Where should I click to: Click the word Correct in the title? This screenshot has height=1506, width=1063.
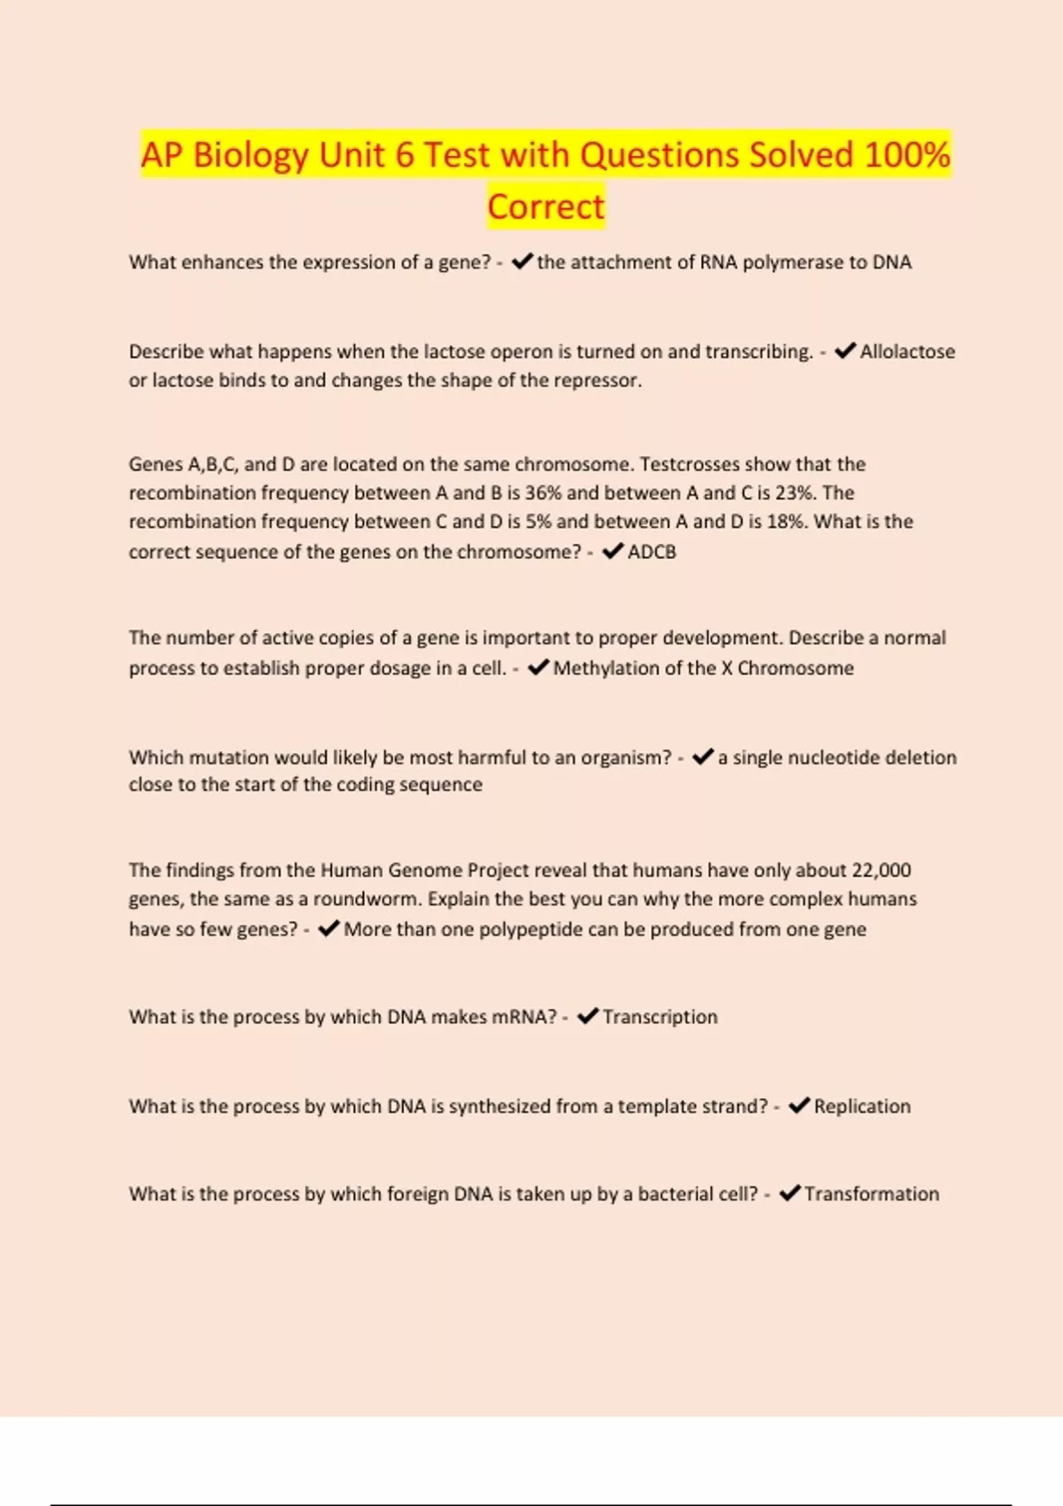point(546,206)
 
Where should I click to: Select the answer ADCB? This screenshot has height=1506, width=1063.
point(652,552)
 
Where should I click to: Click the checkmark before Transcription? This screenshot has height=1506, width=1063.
point(588,1016)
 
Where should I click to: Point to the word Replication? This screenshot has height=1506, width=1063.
point(862,1106)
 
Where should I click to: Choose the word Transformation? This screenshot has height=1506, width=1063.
point(872,1194)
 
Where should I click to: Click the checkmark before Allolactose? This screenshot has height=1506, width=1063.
point(845,351)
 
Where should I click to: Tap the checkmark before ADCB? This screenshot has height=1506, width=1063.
point(613,551)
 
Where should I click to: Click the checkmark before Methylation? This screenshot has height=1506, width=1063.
point(538,667)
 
